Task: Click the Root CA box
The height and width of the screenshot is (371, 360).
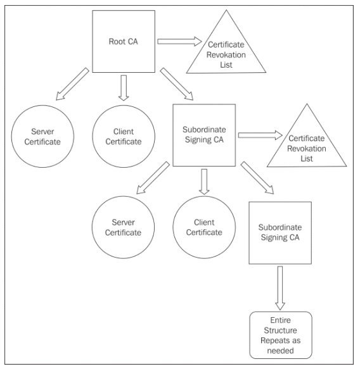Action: point(124,41)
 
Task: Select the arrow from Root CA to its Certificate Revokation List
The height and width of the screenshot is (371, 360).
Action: point(179,41)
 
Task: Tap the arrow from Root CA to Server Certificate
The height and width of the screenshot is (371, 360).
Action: point(72,84)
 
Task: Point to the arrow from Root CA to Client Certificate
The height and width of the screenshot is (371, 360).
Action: point(124,88)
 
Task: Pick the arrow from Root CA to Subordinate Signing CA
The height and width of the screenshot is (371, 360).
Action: point(177,84)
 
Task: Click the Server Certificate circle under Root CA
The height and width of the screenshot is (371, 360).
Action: point(42,137)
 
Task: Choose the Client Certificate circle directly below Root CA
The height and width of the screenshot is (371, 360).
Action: point(124,137)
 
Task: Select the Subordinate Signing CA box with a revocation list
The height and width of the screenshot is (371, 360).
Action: point(204,135)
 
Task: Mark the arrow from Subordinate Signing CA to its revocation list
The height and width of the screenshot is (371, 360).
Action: point(260,135)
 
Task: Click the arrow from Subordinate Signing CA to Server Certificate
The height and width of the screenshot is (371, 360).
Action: point(153,178)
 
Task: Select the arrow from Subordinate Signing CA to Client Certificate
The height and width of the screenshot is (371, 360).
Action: point(204,182)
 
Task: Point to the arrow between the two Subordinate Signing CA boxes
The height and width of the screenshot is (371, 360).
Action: point(257,178)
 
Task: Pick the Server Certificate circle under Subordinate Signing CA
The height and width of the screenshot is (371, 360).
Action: point(123,227)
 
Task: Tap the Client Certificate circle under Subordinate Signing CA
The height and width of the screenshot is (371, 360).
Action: point(204,227)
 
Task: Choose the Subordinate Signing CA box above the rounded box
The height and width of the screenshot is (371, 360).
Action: point(280,233)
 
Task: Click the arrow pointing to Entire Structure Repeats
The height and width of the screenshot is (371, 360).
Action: point(280,288)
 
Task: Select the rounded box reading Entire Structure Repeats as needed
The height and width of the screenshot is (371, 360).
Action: point(281,335)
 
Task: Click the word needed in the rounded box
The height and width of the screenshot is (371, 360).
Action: point(280,350)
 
